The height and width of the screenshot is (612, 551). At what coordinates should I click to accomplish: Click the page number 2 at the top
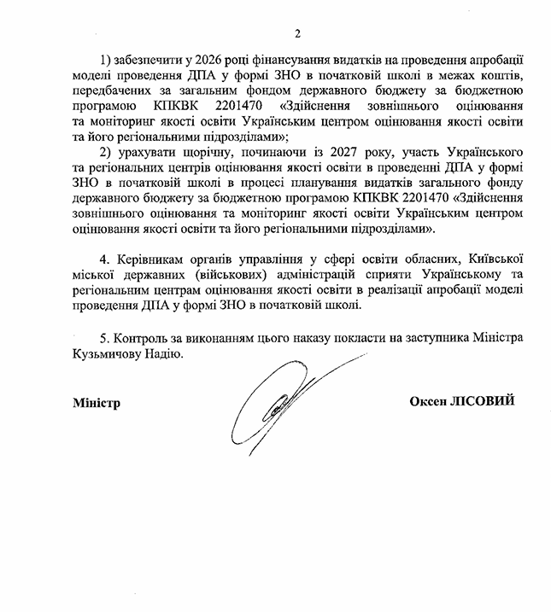click(298, 33)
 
